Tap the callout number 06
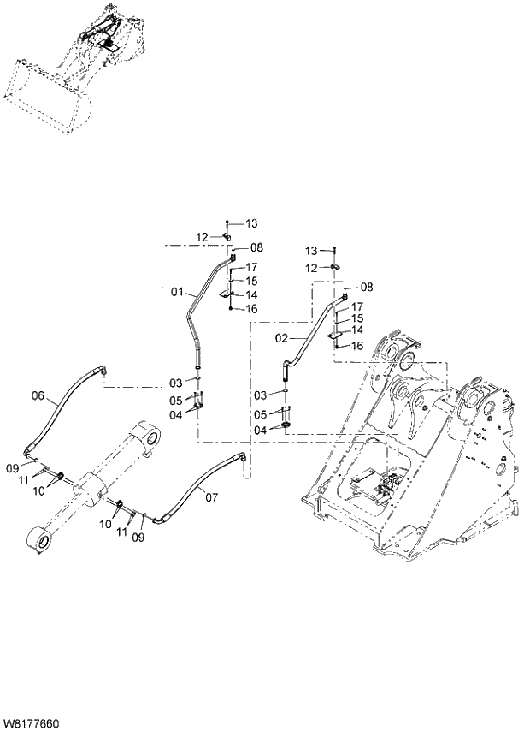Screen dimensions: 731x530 (38, 395)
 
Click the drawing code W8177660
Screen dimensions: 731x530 (32, 723)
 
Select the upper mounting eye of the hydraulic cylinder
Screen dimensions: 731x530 (150, 437)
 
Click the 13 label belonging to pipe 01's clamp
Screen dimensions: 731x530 (251, 223)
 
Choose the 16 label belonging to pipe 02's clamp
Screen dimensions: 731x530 (357, 345)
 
